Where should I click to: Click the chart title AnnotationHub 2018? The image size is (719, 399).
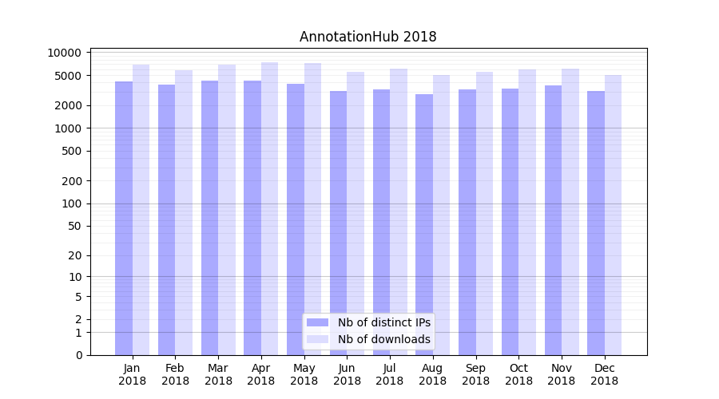point(367,37)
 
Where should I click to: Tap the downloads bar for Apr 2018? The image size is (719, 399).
point(269,208)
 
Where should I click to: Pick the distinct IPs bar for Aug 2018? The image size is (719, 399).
point(424,224)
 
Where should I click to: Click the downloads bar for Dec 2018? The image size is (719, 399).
point(613,215)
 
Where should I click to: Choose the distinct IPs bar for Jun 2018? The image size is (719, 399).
point(339,223)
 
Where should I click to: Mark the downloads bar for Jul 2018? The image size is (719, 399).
point(399,211)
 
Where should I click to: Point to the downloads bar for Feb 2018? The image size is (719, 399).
point(184,212)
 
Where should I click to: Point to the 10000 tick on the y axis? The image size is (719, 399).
point(65,53)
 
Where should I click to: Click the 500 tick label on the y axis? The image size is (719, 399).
point(71,151)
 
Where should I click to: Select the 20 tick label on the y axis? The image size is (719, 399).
point(74,255)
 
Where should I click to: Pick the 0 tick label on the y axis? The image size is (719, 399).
point(78,355)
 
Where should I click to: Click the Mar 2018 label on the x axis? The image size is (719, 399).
point(218,374)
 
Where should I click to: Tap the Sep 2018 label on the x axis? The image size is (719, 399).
point(475,374)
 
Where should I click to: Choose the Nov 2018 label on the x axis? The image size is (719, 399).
point(562,374)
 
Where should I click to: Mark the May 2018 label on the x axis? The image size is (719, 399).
point(304,374)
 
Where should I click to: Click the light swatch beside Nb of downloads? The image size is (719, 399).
point(318,339)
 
